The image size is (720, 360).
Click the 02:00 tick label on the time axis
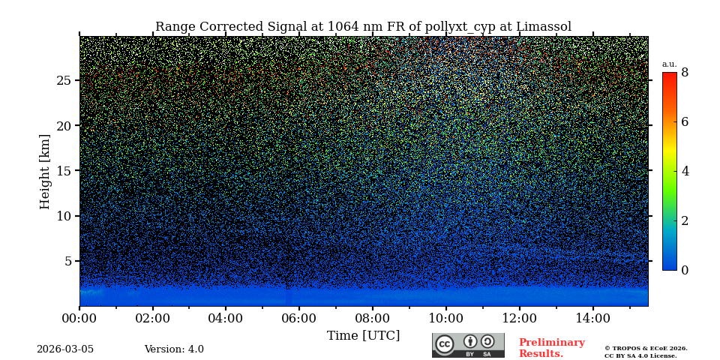[153, 319]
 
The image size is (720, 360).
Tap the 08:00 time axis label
[372, 319]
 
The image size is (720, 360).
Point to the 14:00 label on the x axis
[592, 319]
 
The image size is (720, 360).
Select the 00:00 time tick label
[79, 319]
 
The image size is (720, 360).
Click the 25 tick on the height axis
[64, 80]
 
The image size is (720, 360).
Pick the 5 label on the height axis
[67, 261]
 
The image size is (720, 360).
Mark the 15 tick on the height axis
[64, 171]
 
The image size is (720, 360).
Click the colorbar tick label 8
[685, 73]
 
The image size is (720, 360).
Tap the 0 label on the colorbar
[685, 270]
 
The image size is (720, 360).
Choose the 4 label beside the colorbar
[685, 171]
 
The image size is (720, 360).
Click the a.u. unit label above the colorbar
[669, 64]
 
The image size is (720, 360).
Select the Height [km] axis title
[45, 171]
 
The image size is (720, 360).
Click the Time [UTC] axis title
[363, 335]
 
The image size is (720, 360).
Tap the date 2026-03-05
[65, 349]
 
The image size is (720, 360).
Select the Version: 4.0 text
[174, 349]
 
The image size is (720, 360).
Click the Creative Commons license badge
[468, 345]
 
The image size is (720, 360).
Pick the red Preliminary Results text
[551, 348]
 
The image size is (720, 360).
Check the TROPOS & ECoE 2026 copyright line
[646, 348]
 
